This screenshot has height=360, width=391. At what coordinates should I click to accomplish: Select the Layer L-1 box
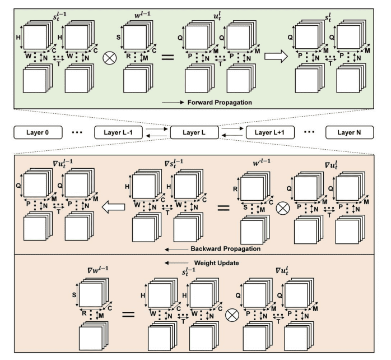pos(115,133)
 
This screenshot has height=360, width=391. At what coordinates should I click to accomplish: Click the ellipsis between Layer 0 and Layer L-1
pos(75,133)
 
